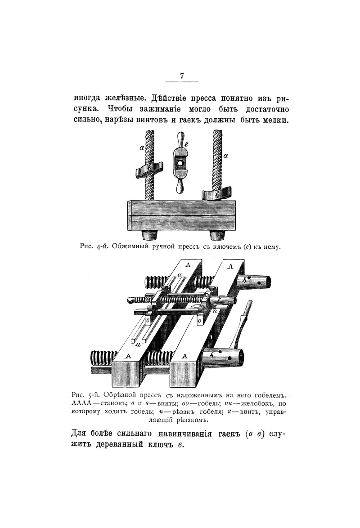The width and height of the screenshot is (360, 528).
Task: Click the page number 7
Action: pos(182,76)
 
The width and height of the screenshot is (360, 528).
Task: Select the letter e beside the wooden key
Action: pos(186,144)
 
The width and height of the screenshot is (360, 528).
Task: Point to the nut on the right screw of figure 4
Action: pos(217,194)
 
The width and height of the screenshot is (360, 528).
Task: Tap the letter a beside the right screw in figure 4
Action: pos(226,156)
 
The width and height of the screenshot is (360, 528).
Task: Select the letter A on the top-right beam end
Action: pos(230,266)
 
